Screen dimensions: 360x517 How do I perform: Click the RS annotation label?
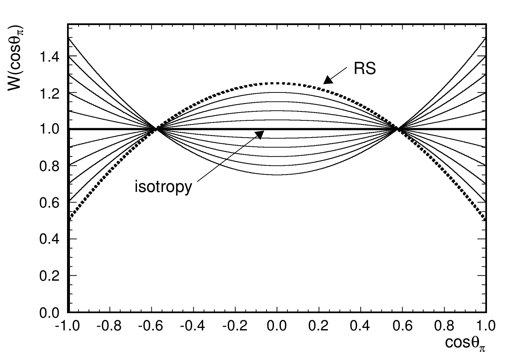(365, 69)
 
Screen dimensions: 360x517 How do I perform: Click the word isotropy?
(163, 187)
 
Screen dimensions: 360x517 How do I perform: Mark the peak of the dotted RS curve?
(278, 83)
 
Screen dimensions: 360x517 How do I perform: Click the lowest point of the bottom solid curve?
(278, 175)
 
